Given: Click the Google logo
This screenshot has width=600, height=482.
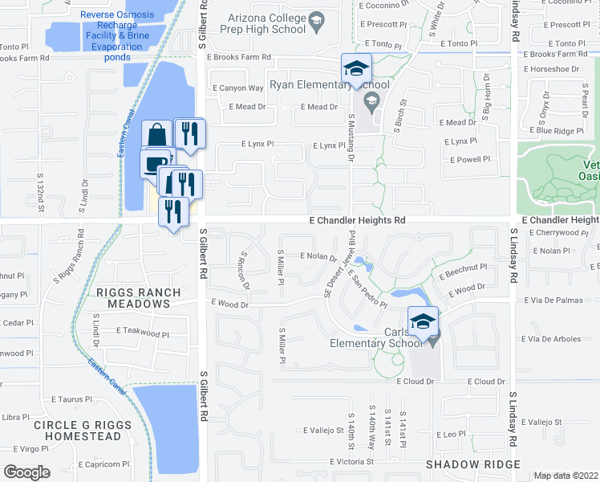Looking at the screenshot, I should click(x=27, y=472).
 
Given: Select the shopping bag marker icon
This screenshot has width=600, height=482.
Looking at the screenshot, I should click(x=158, y=135).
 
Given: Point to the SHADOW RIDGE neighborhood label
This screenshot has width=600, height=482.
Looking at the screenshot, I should click(x=473, y=464).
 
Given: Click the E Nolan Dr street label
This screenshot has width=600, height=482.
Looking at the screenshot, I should click(x=318, y=257).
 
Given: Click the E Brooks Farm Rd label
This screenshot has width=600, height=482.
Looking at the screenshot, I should click(x=238, y=58).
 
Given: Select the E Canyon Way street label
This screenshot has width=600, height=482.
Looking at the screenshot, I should click(x=238, y=88).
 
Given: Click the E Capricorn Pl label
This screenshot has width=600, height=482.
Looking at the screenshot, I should click(x=104, y=464).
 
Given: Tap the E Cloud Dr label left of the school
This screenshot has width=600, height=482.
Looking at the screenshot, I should click(x=416, y=382).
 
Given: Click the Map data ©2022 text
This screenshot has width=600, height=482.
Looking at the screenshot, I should click(x=566, y=476).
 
